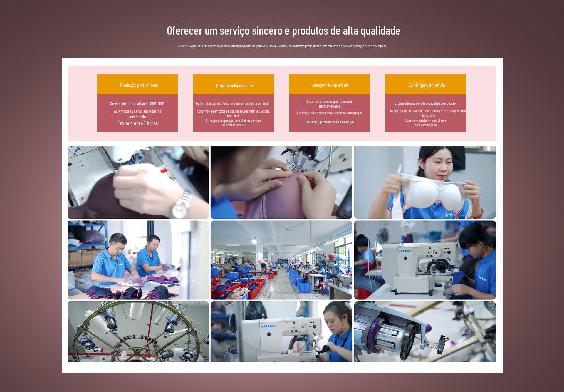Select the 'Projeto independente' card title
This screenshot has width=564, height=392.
tap(234, 86)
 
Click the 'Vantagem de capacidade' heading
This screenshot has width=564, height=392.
tap(330, 85)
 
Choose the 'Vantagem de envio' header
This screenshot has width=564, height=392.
tap(427, 85)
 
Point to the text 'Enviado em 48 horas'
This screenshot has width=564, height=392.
tap(137, 123)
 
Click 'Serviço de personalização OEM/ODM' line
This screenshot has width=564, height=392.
tap(137, 103)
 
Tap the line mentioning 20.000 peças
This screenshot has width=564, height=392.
tap(329, 113)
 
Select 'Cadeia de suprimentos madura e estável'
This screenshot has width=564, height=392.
tap(329, 122)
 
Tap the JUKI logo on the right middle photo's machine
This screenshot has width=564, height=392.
tap(404, 251)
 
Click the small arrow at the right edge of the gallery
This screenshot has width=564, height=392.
tap(493, 260)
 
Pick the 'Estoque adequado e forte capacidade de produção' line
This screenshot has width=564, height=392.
tap(425, 103)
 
